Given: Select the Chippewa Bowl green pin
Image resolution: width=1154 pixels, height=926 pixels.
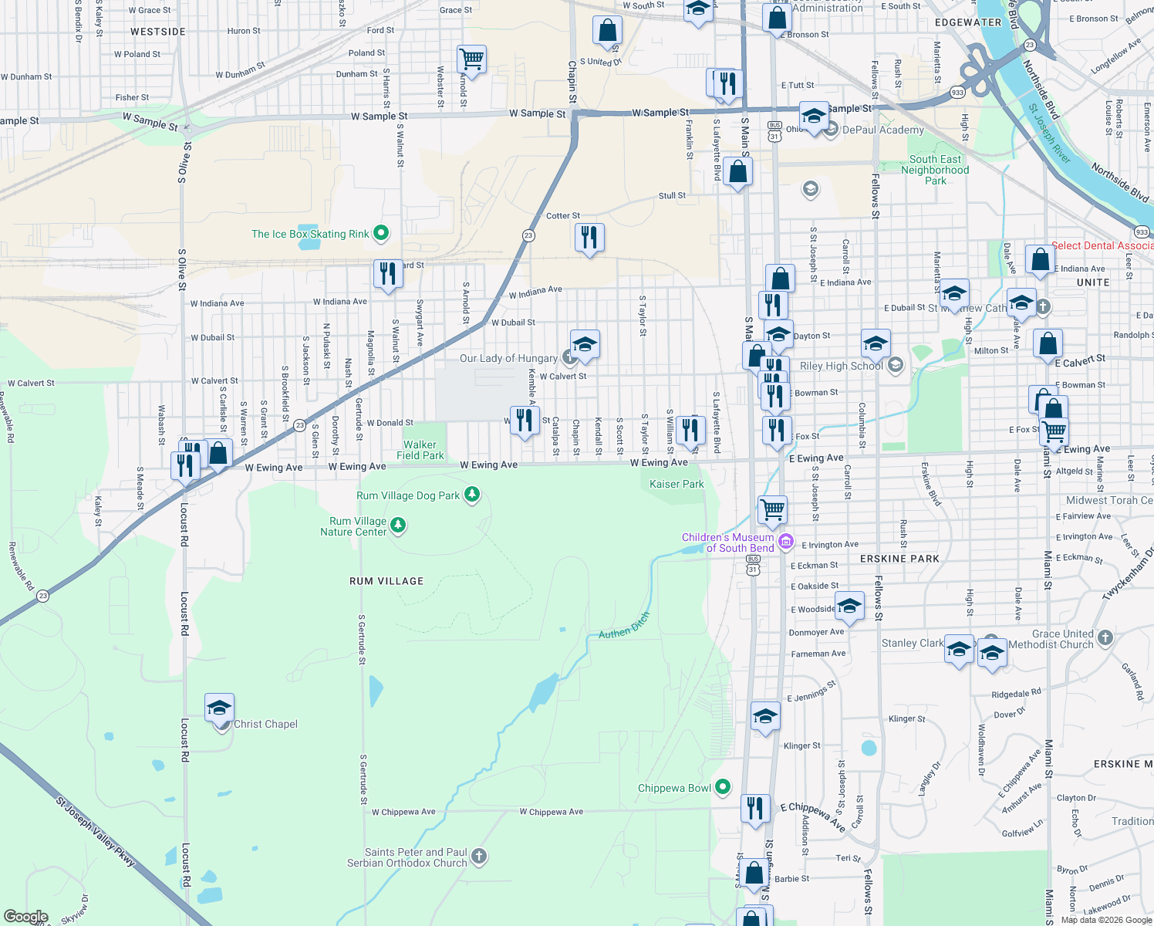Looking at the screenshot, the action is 723,787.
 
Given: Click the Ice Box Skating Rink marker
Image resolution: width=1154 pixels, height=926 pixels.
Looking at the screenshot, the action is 380,233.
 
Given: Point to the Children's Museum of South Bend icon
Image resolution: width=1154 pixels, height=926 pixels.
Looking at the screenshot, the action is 786,542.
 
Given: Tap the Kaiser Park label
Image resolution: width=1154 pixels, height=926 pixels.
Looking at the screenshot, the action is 677,485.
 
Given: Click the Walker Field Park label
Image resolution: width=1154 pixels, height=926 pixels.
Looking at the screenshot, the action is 420,450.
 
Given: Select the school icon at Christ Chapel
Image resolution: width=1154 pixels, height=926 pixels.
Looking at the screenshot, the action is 219,708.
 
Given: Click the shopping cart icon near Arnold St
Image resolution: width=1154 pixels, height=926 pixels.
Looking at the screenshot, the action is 471,59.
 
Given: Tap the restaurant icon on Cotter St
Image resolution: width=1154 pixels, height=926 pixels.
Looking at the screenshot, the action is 589,238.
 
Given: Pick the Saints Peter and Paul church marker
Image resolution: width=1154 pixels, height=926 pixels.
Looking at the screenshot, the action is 479,856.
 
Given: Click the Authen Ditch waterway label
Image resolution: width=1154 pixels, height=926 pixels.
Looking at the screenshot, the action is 624,626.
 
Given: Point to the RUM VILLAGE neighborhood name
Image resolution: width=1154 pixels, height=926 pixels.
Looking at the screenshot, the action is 386,581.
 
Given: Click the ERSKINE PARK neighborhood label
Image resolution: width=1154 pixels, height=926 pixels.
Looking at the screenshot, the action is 899,559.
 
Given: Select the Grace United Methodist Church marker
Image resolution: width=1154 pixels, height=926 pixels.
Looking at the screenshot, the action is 1105,637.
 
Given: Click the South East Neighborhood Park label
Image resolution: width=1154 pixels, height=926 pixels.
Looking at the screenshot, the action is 935,170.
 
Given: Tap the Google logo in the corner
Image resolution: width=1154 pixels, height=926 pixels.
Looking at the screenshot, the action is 25,917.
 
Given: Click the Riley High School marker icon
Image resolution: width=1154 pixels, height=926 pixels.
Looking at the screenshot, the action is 896,365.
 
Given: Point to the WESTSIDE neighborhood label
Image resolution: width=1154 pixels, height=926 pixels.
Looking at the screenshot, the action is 158,32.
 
